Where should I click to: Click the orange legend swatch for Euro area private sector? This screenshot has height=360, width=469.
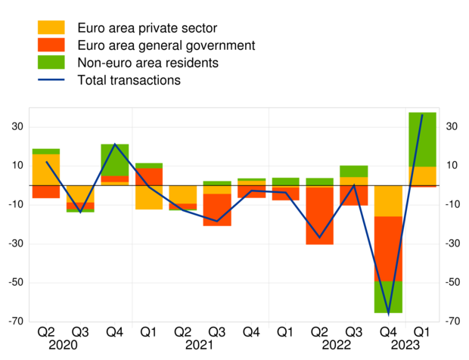(x=52, y=28)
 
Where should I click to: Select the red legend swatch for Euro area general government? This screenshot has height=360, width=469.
(x=52, y=45)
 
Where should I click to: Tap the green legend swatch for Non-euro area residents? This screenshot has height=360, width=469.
(x=52, y=62)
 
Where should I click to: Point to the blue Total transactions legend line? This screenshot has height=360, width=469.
(x=52, y=79)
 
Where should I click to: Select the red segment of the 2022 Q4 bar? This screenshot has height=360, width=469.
(x=388, y=248)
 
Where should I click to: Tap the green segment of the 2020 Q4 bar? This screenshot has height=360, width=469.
(x=114, y=160)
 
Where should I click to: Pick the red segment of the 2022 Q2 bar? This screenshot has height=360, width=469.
(x=319, y=216)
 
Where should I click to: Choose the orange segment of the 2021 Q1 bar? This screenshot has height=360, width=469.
(x=148, y=197)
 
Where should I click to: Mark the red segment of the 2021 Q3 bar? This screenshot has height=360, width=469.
(x=217, y=209)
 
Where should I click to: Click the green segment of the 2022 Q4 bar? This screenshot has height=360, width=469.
(x=388, y=296)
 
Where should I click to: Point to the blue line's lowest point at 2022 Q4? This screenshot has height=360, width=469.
(x=388, y=313)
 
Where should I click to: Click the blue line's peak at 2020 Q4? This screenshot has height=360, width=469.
(x=114, y=144)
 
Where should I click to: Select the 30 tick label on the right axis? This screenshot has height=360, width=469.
(x=452, y=127)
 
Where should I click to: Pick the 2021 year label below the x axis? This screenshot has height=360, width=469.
(x=200, y=345)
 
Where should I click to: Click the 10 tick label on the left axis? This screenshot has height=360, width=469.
(x=17, y=166)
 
